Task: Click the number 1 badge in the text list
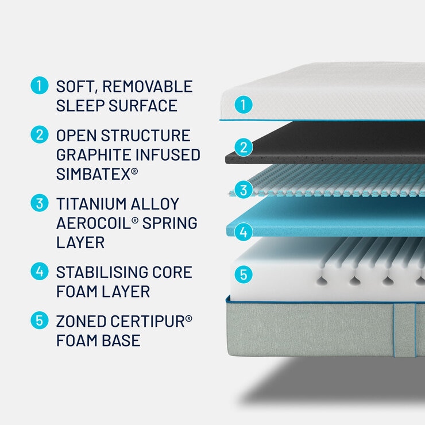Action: [38, 87]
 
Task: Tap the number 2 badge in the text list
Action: [38, 136]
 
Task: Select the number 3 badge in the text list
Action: [38, 203]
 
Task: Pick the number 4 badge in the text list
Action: [38, 271]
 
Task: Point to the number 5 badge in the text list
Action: [38, 320]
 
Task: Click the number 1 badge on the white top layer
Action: [244, 105]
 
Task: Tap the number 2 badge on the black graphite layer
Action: [244, 148]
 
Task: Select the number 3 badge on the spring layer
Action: [244, 189]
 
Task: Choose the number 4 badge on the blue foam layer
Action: [244, 232]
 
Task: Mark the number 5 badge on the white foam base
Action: [244, 275]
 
